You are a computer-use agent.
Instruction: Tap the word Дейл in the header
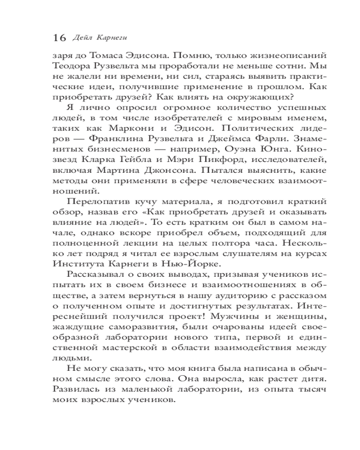[x=82, y=37]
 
